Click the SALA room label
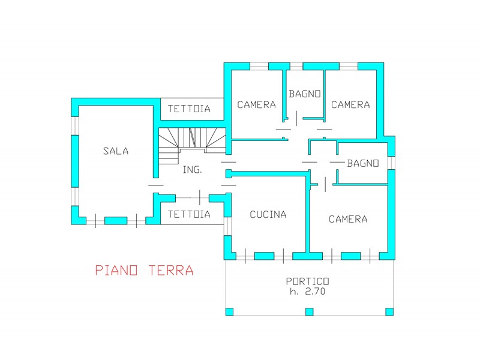[x=116, y=151]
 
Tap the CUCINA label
[x=268, y=214]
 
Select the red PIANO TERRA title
[x=145, y=271]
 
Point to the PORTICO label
[x=308, y=281]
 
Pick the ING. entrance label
[x=193, y=170]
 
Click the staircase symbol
[x=192, y=145]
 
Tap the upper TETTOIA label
[x=189, y=109]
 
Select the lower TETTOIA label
[x=189, y=214]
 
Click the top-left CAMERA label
[x=257, y=104]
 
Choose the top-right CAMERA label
[x=350, y=104]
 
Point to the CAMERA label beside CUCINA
[x=348, y=219]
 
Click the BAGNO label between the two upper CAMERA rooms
[x=305, y=94]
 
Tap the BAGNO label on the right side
[x=364, y=163]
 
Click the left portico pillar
[x=229, y=311]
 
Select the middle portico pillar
[x=310, y=311]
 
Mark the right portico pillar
[x=389, y=311]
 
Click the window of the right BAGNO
[x=391, y=163]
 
